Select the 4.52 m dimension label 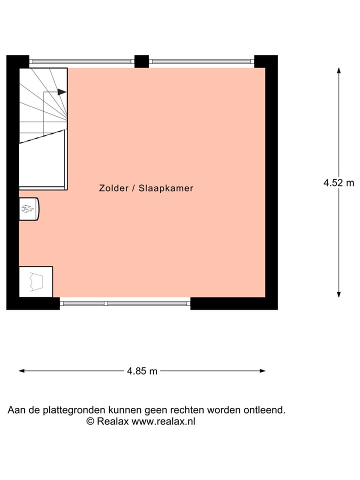[338, 183]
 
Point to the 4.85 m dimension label [142, 371]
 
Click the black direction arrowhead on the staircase [62, 92]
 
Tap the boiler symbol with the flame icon [28, 209]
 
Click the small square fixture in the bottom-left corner [35, 282]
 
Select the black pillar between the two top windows [141, 61]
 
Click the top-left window [82, 61]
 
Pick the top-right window [201, 61]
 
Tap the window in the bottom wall [125, 303]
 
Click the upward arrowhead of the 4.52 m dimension [338, 70]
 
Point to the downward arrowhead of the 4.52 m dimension [338, 294]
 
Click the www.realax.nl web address [163, 421]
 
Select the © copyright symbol [90, 421]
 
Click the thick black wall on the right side [271, 182]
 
